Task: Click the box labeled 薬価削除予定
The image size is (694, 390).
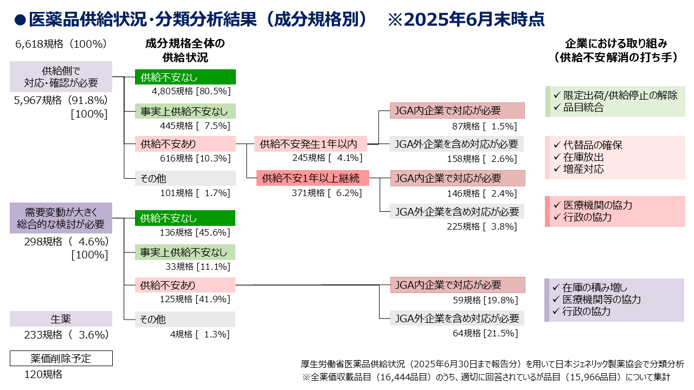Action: [61, 359]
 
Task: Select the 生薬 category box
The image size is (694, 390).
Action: [61, 319]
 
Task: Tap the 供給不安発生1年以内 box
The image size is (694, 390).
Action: [311, 144]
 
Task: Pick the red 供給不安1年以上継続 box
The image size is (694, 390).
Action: [313, 178]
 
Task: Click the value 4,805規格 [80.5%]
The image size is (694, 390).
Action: [191, 91]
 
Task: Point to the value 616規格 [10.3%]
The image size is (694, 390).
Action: [195, 158]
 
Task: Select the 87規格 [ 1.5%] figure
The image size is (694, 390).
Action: [484, 126]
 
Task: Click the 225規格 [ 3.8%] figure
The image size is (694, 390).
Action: [482, 226]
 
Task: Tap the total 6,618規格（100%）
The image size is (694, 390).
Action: [61, 44]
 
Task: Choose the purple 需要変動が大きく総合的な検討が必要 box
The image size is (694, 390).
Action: [61, 218]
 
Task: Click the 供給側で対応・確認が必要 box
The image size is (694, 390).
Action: [61, 76]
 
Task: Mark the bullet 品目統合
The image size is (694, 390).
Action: [583, 107]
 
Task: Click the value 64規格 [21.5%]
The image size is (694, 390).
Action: [485, 333]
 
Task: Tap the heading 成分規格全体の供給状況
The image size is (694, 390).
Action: [185, 50]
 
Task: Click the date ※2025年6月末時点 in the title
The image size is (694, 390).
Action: [466, 19]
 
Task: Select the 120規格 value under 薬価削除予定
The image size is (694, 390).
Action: [43, 374]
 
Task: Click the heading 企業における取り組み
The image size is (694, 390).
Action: [615, 44]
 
